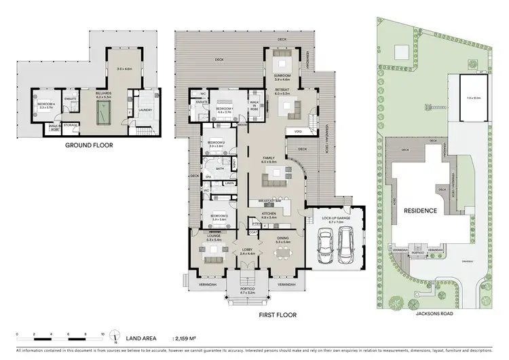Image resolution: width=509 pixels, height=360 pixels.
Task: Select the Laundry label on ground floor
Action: pos(145,109)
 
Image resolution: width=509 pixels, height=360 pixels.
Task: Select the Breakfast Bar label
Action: pos(270,202)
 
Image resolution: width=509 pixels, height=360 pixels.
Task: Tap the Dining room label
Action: pos(284,238)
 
